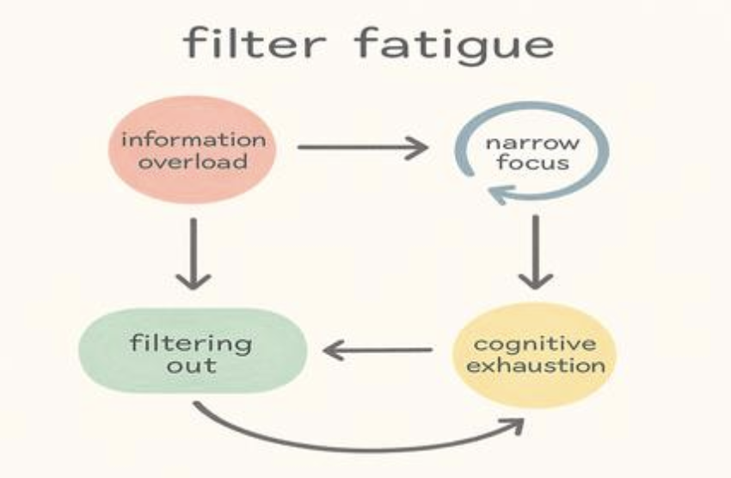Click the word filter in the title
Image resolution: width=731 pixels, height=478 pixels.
(x=255, y=43)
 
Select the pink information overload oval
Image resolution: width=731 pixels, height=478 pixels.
(x=193, y=150)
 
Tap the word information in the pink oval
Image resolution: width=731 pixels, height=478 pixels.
(x=193, y=139)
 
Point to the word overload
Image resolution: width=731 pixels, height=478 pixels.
(x=193, y=162)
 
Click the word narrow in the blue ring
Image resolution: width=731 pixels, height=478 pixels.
(x=532, y=143)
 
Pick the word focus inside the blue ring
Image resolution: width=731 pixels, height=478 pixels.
(x=532, y=162)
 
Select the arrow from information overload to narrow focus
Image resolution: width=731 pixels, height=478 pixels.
(x=363, y=147)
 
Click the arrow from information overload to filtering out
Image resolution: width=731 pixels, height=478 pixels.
(x=193, y=254)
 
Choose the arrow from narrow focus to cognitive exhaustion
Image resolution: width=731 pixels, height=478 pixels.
(x=536, y=252)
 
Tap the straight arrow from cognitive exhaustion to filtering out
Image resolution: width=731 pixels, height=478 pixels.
(x=378, y=350)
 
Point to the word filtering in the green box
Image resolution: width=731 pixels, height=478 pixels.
(x=191, y=344)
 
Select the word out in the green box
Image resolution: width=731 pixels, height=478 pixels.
(x=192, y=365)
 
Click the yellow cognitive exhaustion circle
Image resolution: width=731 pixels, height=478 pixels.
(x=535, y=355)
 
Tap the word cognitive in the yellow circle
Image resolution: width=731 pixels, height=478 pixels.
(x=535, y=345)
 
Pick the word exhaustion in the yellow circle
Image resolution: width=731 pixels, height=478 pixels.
(x=536, y=365)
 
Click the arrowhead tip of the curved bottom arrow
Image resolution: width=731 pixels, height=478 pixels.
(x=524, y=419)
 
